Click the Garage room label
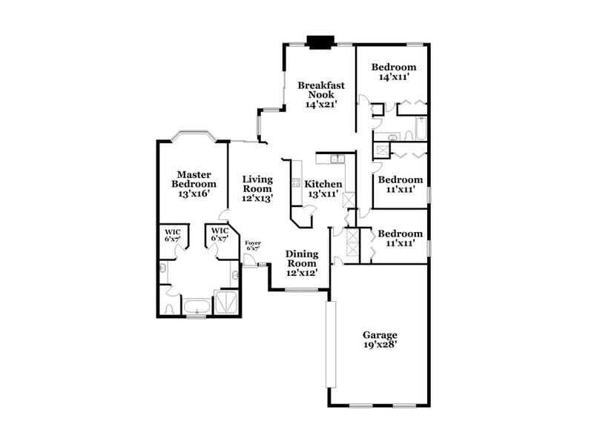tap(380, 334)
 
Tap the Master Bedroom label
tap(194, 179)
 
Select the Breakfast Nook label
tap(321, 90)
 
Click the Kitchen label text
tap(324, 184)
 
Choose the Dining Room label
tap(302, 258)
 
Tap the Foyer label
tap(253, 242)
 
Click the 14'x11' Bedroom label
tap(394, 67)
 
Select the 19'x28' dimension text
tap(380, 344)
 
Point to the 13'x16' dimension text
tap(194, 194)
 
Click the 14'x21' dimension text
tap(321, 105)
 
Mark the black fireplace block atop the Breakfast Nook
tap(321, 42)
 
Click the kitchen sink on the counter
tap(337, 158)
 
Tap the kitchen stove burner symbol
tap(296, 183)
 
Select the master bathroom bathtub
tap(196, 307)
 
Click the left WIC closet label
tap(172, 234)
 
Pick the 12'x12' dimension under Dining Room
tap(302, 273)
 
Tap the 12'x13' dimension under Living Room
tap(258, 198)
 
